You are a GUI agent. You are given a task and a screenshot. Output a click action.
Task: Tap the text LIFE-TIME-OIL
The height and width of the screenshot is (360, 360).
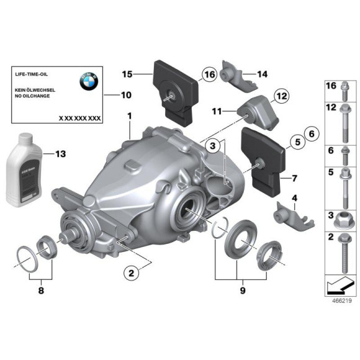click(x=30, y=73)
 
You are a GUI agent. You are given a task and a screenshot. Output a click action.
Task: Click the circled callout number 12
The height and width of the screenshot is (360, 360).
click(x=281, y=96)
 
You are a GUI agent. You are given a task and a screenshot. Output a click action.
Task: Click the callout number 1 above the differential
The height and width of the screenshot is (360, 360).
click(x=129, y=116)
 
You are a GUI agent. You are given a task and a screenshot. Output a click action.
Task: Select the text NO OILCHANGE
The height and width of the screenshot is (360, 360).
click(x=35, y=97)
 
